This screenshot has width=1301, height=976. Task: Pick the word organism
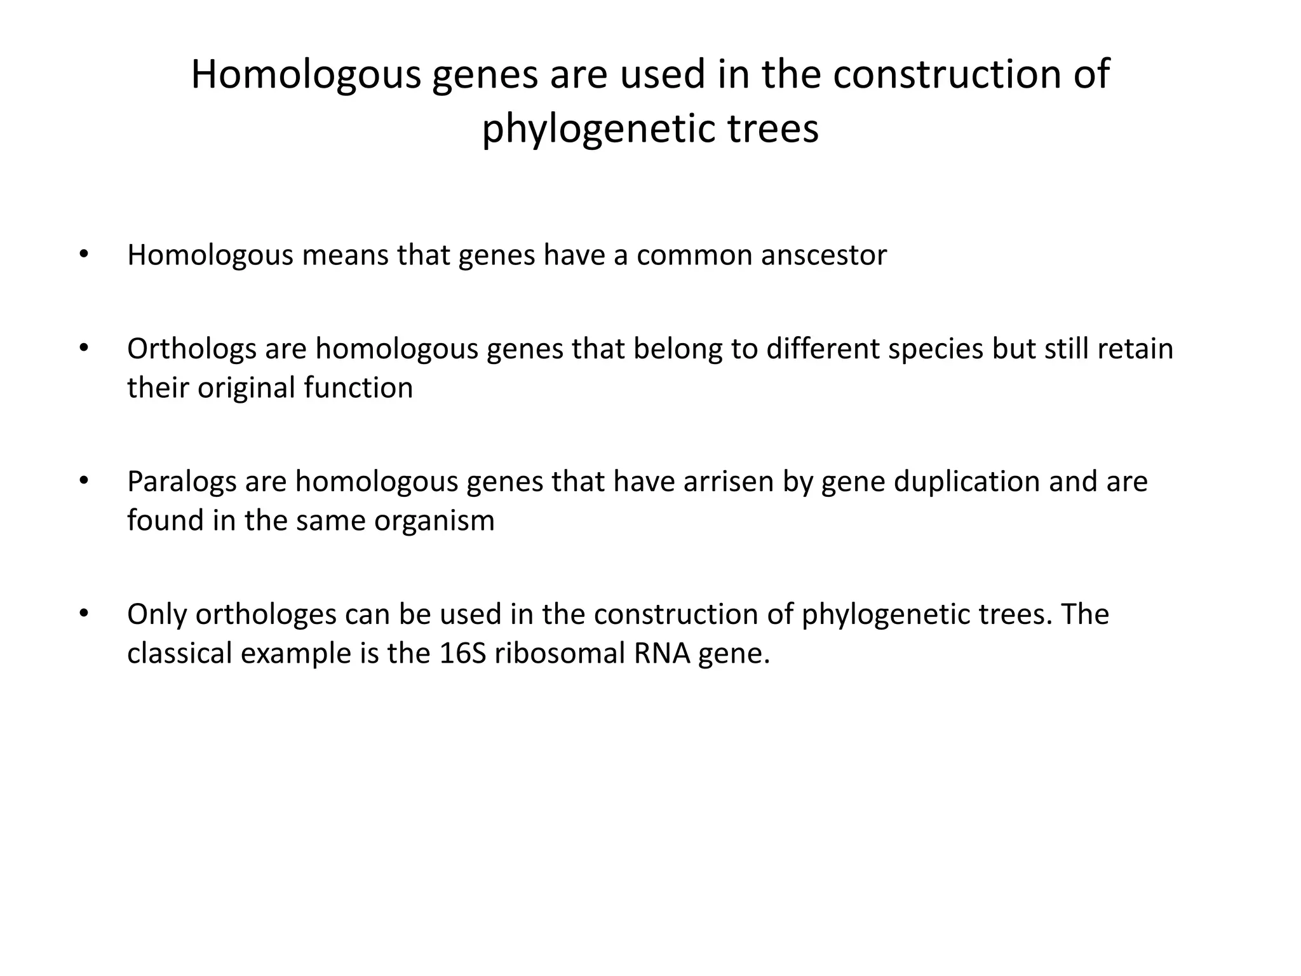pos(434,521)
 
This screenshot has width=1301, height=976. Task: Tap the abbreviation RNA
pos(661,653)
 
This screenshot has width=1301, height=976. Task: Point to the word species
pos(936,349)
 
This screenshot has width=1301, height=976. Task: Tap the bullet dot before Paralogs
pos(83,481)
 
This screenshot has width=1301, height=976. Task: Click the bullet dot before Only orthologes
pos(83,614)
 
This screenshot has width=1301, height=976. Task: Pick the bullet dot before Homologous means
pos(83,255)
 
